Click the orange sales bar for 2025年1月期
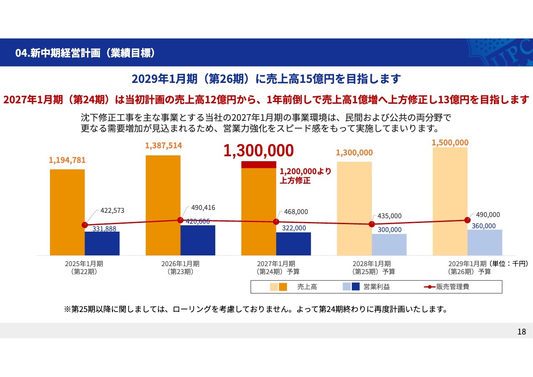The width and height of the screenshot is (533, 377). coord(67,212)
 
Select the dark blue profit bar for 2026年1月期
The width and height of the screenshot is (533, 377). coord(198,240)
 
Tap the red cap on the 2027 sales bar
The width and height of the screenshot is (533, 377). coord(259,165)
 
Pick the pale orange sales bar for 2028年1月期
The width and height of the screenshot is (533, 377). coord(354,208)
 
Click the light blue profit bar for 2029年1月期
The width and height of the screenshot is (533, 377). coord(485,242)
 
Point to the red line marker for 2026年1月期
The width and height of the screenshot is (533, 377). coord(180,220)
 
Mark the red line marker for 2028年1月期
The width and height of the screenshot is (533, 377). coord(371,224)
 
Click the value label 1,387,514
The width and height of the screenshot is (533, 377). coord(164,145)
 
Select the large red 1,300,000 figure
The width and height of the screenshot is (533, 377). coord(259,151)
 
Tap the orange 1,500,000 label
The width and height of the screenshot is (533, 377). coord(450,142)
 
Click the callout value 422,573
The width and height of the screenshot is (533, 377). coord(112,210)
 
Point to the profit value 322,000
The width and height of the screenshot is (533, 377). coord(294,228)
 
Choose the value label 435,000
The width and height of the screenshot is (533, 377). coord(390,216)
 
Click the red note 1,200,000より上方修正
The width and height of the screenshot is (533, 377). coord(305,176)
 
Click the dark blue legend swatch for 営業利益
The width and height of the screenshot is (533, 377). coord(356,287)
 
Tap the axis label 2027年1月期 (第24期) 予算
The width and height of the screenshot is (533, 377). coord(276,267)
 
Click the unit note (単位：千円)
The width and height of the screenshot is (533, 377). coord(508,263)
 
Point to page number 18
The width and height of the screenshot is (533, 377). coord(521,332)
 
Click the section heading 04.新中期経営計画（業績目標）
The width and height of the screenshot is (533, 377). coord(85,53)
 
